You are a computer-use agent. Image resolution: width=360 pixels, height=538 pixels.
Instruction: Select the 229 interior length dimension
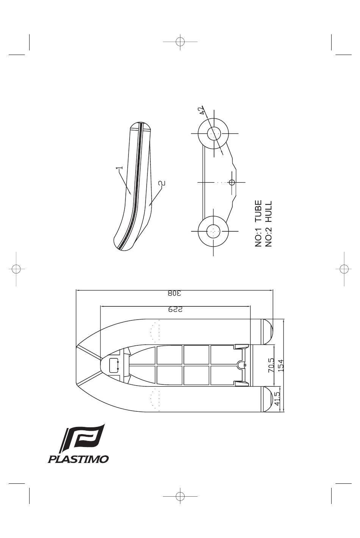click(175, 309)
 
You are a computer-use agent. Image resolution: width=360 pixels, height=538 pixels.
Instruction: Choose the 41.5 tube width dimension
click(277, 399)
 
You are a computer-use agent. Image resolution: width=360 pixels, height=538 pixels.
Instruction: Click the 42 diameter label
click(201, 111)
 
